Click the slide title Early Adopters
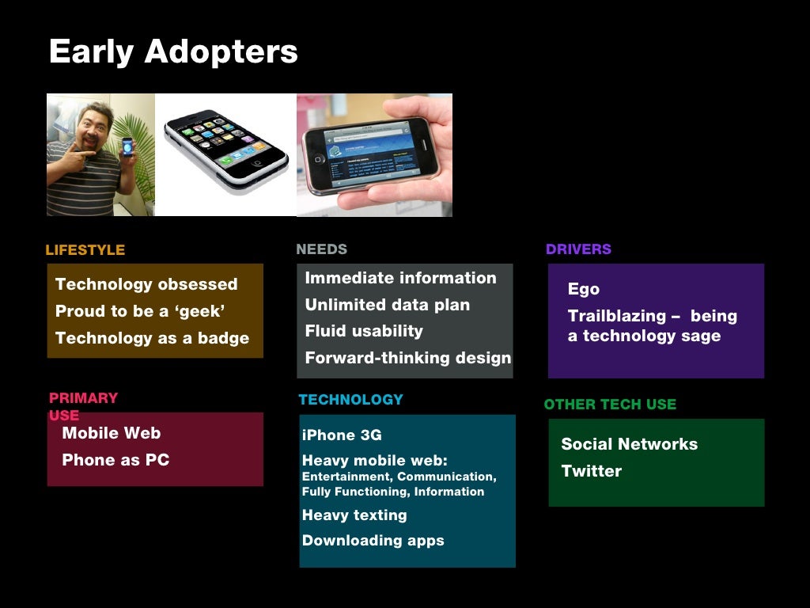[173, 52]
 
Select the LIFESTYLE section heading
[85, 250]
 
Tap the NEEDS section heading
[321, 249]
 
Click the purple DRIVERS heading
[578, 249]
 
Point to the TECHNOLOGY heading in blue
[350, 400]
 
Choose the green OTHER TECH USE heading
[610, 405]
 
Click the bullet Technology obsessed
[146, 284]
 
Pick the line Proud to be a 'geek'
[140, 311]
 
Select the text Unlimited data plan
[387, 305]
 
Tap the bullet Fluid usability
[363, 331]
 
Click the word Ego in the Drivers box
[584, 289]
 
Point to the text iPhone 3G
[342, 435]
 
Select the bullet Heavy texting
[354, 515]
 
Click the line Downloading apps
[373, 541]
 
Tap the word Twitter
[591, 471]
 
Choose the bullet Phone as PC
[115, 460]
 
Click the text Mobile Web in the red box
[111, 433]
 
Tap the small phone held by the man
[127, 148]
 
